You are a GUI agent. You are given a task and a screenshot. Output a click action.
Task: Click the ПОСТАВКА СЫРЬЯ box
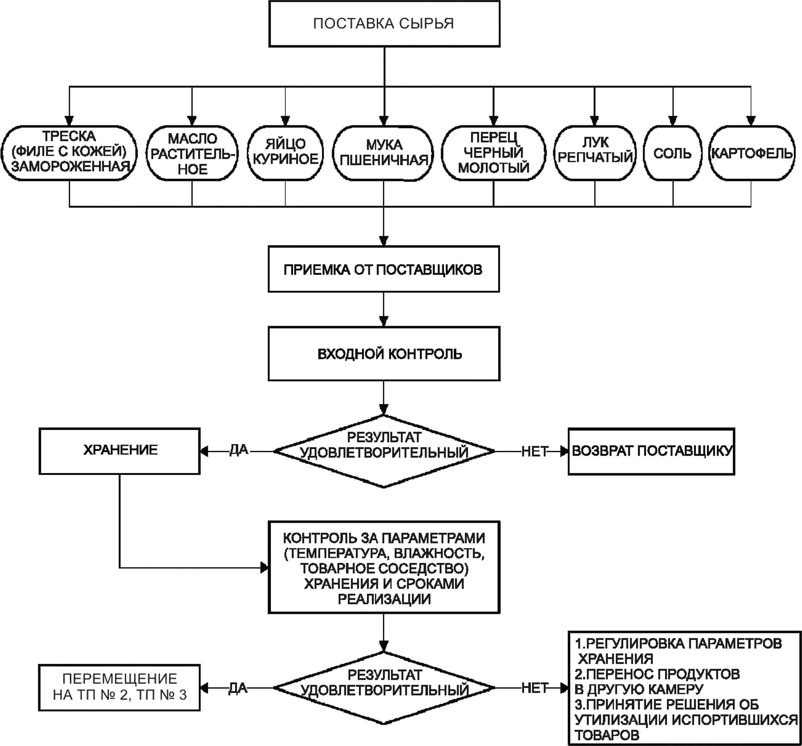click(384, 24)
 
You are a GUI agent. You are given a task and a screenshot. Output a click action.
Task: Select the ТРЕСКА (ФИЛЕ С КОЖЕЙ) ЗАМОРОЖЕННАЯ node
click(69, 153)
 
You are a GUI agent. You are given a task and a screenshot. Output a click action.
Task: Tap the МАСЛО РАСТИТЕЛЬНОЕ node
click(192, 153)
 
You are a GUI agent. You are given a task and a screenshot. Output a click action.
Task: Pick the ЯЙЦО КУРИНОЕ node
click(285, 153)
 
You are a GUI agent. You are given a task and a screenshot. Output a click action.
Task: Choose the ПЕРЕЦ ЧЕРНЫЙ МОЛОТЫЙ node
click(493, 153)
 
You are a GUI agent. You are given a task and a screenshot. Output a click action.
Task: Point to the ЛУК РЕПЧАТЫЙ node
click(595, 153)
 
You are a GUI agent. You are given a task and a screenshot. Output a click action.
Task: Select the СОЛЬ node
click(673, 153)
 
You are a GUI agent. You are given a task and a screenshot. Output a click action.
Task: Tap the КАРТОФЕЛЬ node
click(751, 153)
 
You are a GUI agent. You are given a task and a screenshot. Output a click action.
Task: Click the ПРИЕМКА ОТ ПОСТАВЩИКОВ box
click(384, 269)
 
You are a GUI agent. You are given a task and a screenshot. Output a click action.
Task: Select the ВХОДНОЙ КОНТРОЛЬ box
click(384, 354)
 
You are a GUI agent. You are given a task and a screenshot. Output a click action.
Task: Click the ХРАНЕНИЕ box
click(119, 451)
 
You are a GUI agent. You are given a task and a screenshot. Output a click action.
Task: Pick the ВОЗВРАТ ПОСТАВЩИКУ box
click(651, 451)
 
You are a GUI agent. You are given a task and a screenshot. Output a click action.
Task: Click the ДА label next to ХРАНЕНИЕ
click(239, 450)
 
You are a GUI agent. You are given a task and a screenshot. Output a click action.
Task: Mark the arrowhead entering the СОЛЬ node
click(673, 121)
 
